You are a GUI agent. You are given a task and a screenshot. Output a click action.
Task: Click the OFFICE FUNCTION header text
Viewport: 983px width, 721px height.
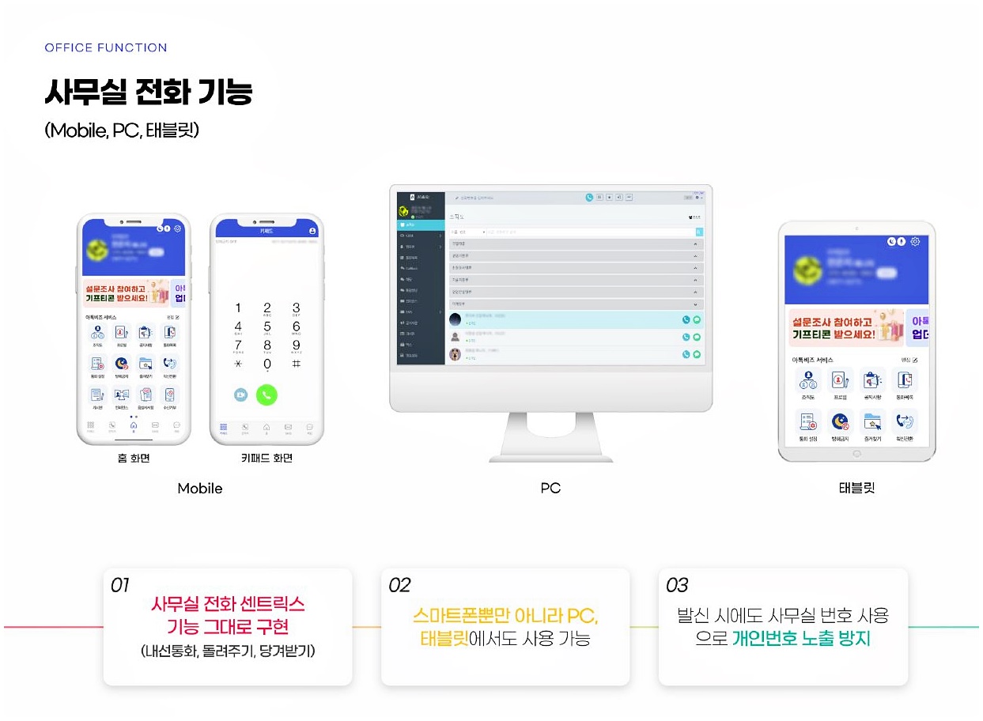click(x=105, y=48)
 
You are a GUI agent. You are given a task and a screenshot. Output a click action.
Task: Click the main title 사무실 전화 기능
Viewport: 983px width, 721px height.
click(x=149, y=92)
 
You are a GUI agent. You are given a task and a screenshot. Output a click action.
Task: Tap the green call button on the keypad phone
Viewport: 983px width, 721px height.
click(x=267, y=394)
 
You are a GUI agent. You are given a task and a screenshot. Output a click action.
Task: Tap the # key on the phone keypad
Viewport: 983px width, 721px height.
click(x=296, y=364)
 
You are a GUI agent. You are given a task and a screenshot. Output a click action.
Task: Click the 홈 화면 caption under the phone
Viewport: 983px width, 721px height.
click(x=133, y=458)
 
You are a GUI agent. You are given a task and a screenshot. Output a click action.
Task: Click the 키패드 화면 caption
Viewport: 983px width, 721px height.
click(x=267, y=458)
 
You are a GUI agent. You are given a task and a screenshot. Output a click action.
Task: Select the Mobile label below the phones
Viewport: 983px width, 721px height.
click(x=200, y=489)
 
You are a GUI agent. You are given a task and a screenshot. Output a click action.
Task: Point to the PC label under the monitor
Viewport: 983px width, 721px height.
click(x=550, y=489)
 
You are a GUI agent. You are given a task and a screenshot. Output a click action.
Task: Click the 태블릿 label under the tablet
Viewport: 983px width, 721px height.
click(x=856, y=489)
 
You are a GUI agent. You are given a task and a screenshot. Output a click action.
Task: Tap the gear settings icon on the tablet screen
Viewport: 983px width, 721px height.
click(x=915, y=241)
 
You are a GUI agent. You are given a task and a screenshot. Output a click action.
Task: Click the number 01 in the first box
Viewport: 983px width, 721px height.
click(x=120, y=586)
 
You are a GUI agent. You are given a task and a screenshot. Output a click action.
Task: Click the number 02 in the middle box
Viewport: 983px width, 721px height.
click(x=399, y=586)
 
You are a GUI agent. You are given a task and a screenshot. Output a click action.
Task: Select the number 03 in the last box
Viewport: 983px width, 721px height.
click(x=677, y=586)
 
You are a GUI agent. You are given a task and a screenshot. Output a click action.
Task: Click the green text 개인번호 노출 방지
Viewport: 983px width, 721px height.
click(x=801, y=639)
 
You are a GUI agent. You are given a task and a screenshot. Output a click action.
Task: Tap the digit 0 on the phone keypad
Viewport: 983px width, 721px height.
click(x=267, y=364)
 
